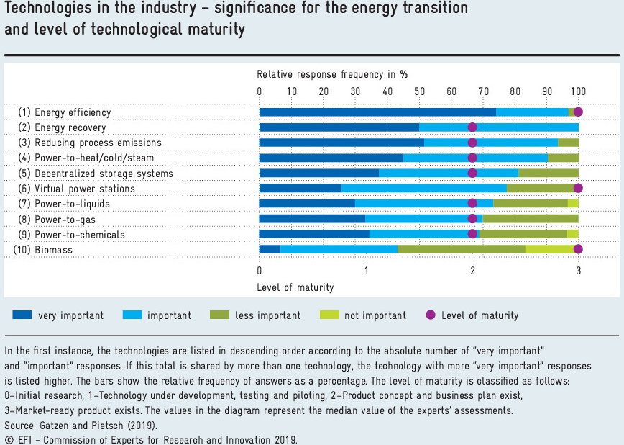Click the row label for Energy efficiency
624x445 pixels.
tap(65, 112)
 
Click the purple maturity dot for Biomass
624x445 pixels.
tap(578, 249)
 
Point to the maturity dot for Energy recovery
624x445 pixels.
tap(472, 127)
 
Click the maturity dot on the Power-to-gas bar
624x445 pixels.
tap(472, 219)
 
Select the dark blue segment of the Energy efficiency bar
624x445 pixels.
tap(377, 112)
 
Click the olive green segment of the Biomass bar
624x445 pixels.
tap(461, 249)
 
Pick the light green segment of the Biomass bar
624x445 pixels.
tap(549, 249)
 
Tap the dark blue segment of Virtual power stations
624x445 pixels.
tap(300, 189)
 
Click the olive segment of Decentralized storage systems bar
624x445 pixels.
tap(548, 174)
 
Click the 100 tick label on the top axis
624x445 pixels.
tap(578, 91)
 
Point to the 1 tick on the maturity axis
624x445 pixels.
tap(366, 271)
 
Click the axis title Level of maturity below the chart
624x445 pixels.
tap(295, 287)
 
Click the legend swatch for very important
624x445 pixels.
tap(22, 315)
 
